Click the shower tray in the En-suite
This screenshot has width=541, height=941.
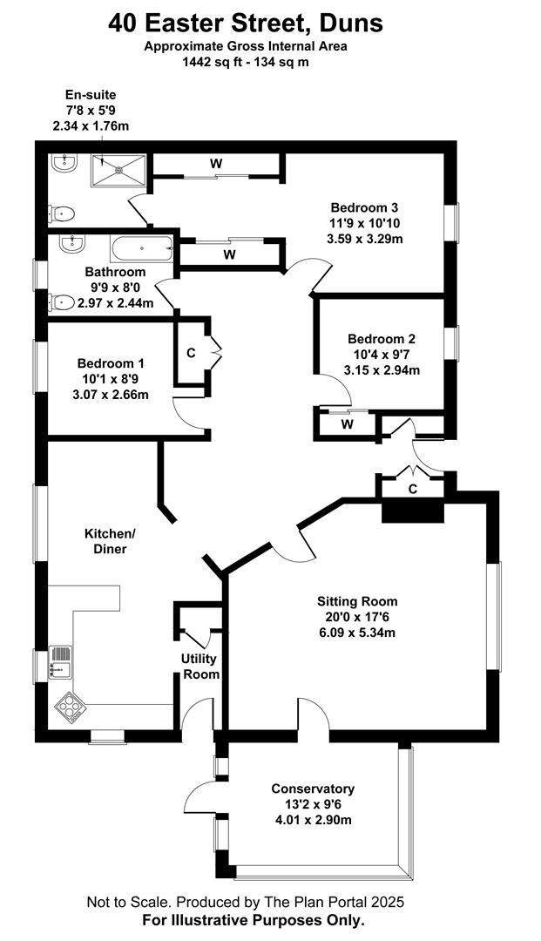pos(118,171)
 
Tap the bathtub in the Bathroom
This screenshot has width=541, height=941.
pos(141,247)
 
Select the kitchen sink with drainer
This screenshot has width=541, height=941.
pos(61,661)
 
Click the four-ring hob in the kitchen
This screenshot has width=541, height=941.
pos(70,707)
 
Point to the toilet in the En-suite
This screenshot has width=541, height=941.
pos(61,213)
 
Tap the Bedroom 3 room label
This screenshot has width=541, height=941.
pos(365,208)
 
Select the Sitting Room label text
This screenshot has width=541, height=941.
pos(357,601)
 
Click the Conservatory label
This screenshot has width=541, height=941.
pos(313,789)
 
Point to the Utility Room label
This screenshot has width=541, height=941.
pos(199,667)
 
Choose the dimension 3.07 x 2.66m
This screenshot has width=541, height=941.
pos(111,395)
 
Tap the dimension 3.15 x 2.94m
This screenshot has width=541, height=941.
pos(382,370)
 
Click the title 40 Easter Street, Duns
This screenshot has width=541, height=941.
pos(246,24)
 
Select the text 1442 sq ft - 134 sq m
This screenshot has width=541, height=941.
pos(246,61)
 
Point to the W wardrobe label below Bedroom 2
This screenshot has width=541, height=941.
pos(347,425)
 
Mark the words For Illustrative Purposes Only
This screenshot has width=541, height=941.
pos(254,919)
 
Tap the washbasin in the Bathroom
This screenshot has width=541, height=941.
pos(72,242)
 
